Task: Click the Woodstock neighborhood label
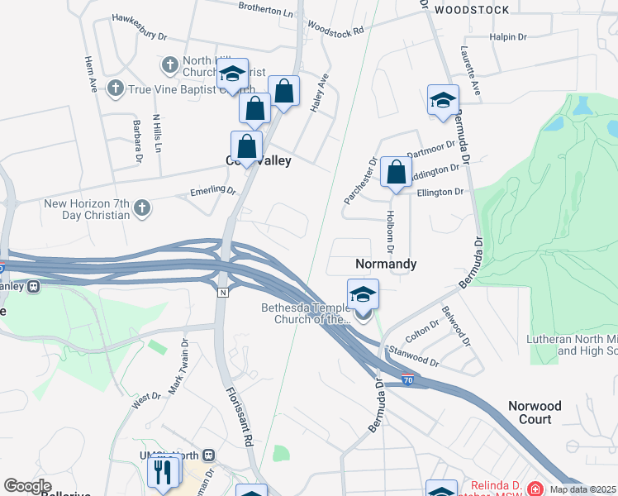coord(472,10)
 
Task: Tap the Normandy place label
coord(385,264)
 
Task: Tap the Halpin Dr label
coord(508,37)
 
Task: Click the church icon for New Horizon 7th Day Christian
coord(142,207)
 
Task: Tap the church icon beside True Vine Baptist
coord(116,88)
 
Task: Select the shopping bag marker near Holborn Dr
coord(397,174)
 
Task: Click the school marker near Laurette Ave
coord(443,101)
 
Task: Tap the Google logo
coord(28,486)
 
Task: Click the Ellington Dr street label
coord(440,192)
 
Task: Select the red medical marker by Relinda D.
coord(535,489)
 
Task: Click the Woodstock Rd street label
coord(335,27)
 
